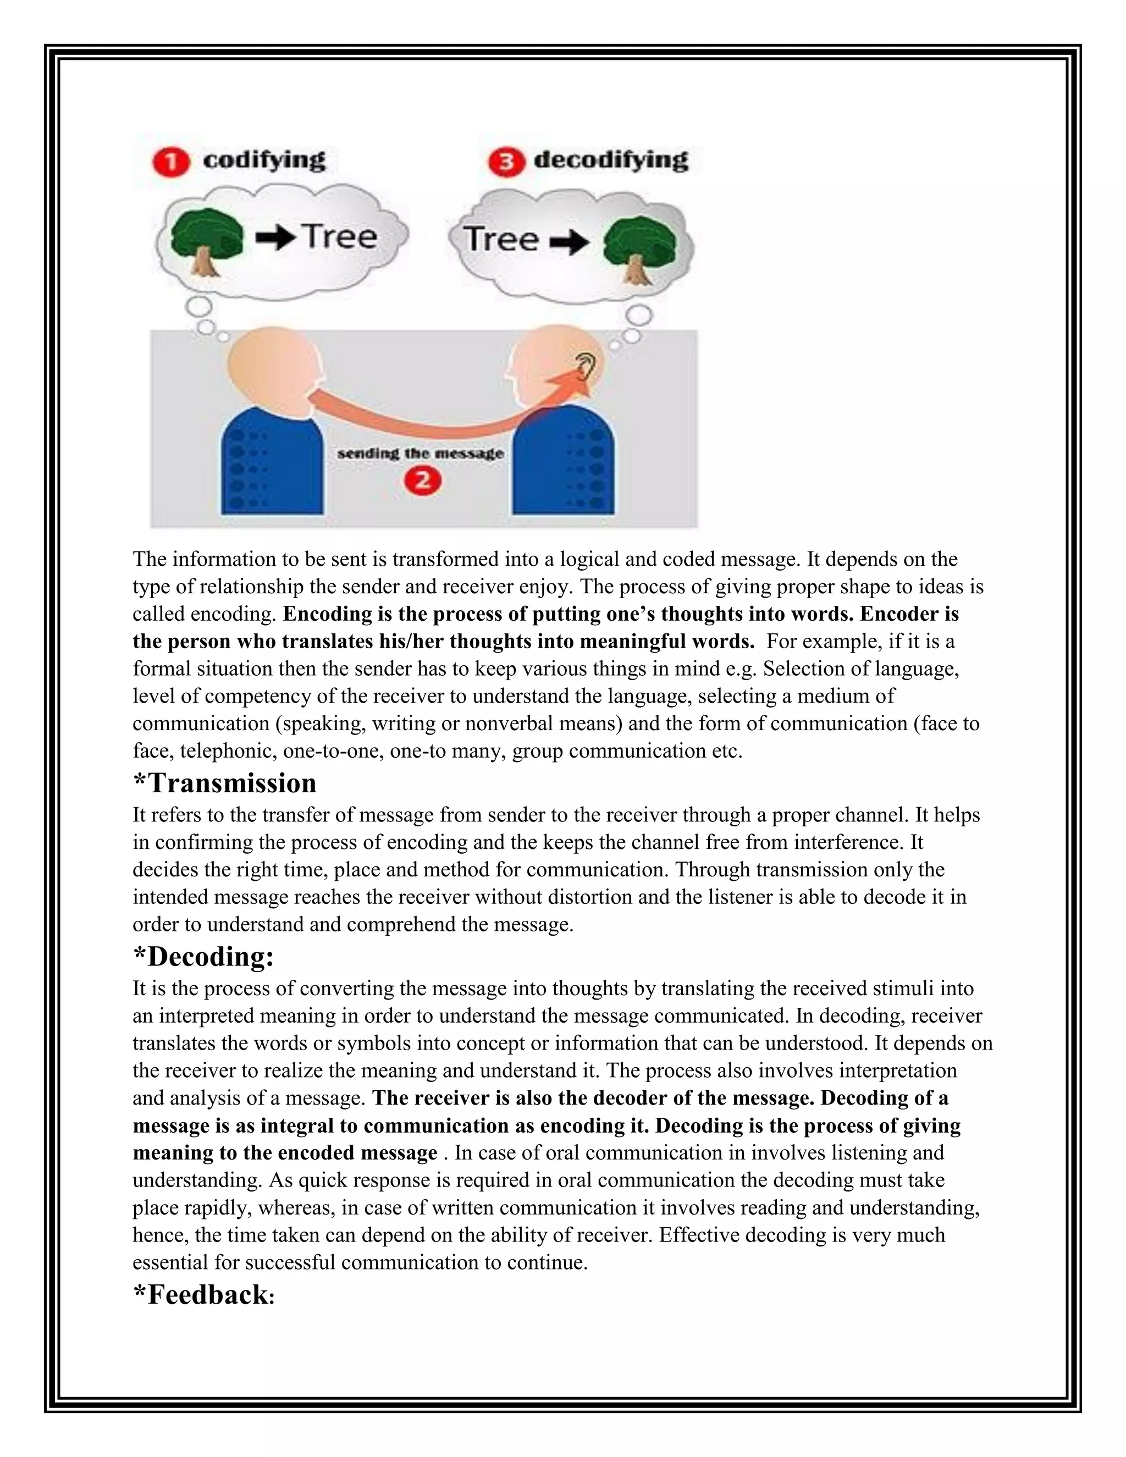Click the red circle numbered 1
coord(171,163)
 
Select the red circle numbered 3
coord(506,163)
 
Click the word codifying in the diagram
coord(264,161)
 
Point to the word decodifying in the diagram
coord(611,161)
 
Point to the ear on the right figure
coord(585,365)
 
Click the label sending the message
coord(420,454)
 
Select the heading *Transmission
coord(225,783)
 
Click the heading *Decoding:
coord(203,957)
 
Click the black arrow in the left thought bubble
coord(276,238)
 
